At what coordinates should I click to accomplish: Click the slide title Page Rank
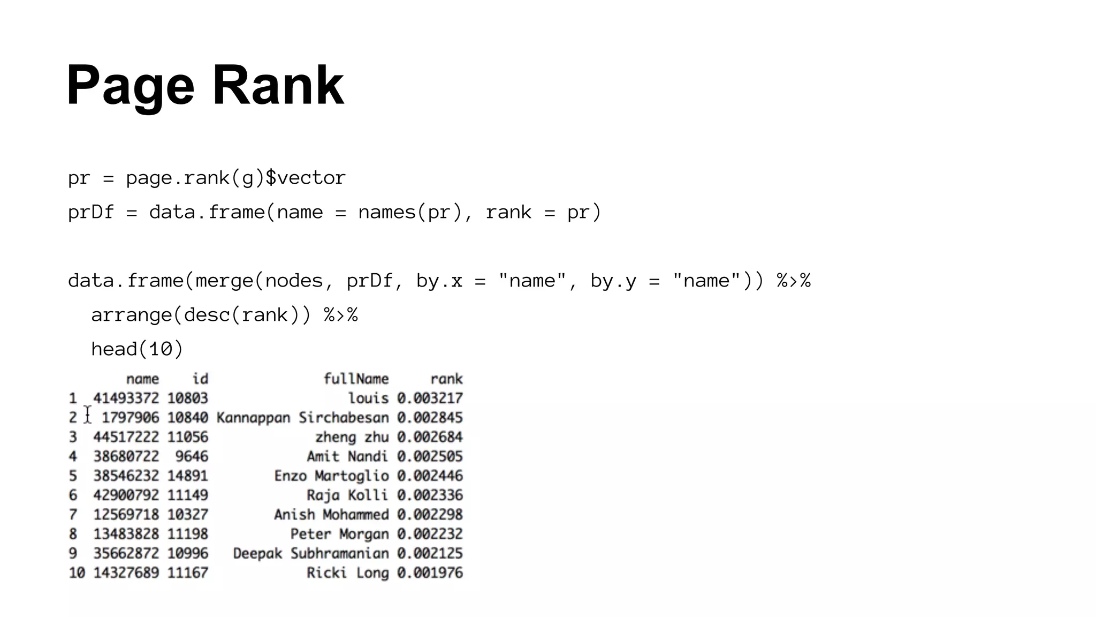(205, 86)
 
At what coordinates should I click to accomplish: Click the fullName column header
(356, 379)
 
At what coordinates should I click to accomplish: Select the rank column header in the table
(446, 379)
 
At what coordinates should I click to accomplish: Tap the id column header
(200, 379)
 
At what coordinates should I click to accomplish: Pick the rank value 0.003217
(430, 398)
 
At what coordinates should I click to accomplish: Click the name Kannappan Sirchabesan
(302, 418)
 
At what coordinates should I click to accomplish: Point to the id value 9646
(192, 456)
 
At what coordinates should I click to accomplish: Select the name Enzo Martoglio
(331, 476)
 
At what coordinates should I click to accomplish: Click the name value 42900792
(126, 495)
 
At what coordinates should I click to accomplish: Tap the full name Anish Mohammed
(331, 515)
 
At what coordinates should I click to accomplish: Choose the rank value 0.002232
(430, 534)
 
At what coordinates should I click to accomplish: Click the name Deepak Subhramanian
(311, 553)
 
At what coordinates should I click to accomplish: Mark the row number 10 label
(77, 573)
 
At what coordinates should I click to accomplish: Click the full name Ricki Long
(347, 573)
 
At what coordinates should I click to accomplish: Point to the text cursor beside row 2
(88, 415)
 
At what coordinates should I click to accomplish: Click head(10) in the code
(137, 349)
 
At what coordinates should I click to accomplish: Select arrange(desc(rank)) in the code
(201, 315)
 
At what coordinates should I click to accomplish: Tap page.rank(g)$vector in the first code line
(235, 178)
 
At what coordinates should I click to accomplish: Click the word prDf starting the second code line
(90, 212)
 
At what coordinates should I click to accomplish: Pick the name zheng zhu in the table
(352, 437)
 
